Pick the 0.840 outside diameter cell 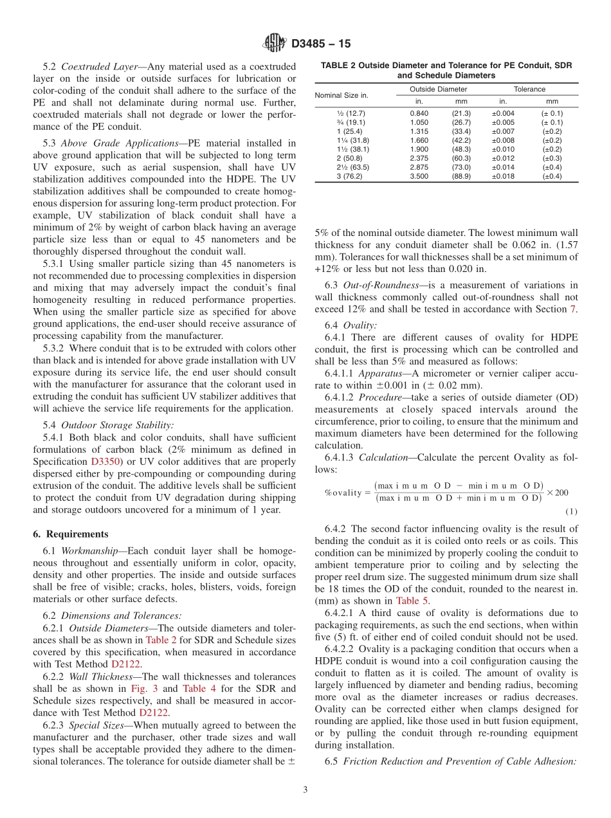(419, 113)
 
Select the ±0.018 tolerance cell (503, 176)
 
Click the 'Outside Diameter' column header (438, 89)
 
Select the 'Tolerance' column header (529, 89)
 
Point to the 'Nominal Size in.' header (342, 95)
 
